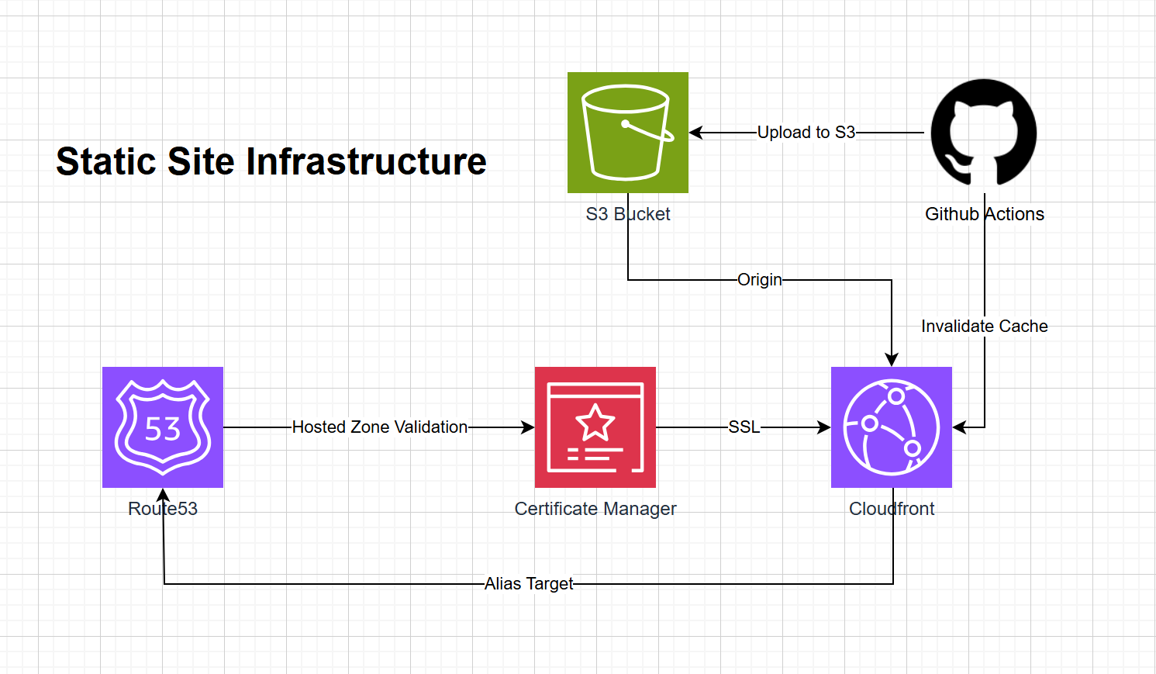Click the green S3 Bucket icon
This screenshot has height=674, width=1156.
click(x=627, y=133)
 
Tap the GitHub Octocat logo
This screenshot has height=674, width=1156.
click(x=983, y=133)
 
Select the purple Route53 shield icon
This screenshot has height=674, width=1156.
click(x=163, y=427)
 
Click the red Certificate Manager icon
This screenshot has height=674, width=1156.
click(x=595, y=427)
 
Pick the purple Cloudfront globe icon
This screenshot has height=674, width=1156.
click(x=891, y=427)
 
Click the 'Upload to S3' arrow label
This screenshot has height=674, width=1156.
click(x=806, y=133)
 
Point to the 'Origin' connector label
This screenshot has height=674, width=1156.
click(x=759, y=280)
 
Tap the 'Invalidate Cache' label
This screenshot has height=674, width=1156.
click(x=984, y=327)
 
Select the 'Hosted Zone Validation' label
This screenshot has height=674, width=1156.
click(x=379, y=427)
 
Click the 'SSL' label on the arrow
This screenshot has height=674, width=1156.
click(x=744, y=427)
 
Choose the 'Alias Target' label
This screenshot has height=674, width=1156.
click(x=529, y=584)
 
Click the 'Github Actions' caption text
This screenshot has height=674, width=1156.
click(x=984, y=214)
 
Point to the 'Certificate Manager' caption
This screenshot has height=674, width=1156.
click(x=595, y=509)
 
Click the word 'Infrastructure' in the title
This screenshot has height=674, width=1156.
click(x=366, y=162)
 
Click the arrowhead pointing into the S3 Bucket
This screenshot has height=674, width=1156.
click(x=695, y=133)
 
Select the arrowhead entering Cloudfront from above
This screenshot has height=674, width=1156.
click(x=892, y=360)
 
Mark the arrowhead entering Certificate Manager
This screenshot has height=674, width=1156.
click(x=528, y=427)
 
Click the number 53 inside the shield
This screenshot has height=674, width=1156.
click(x=163, y=429)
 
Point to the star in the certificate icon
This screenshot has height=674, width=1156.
click(x=595, y=423)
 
